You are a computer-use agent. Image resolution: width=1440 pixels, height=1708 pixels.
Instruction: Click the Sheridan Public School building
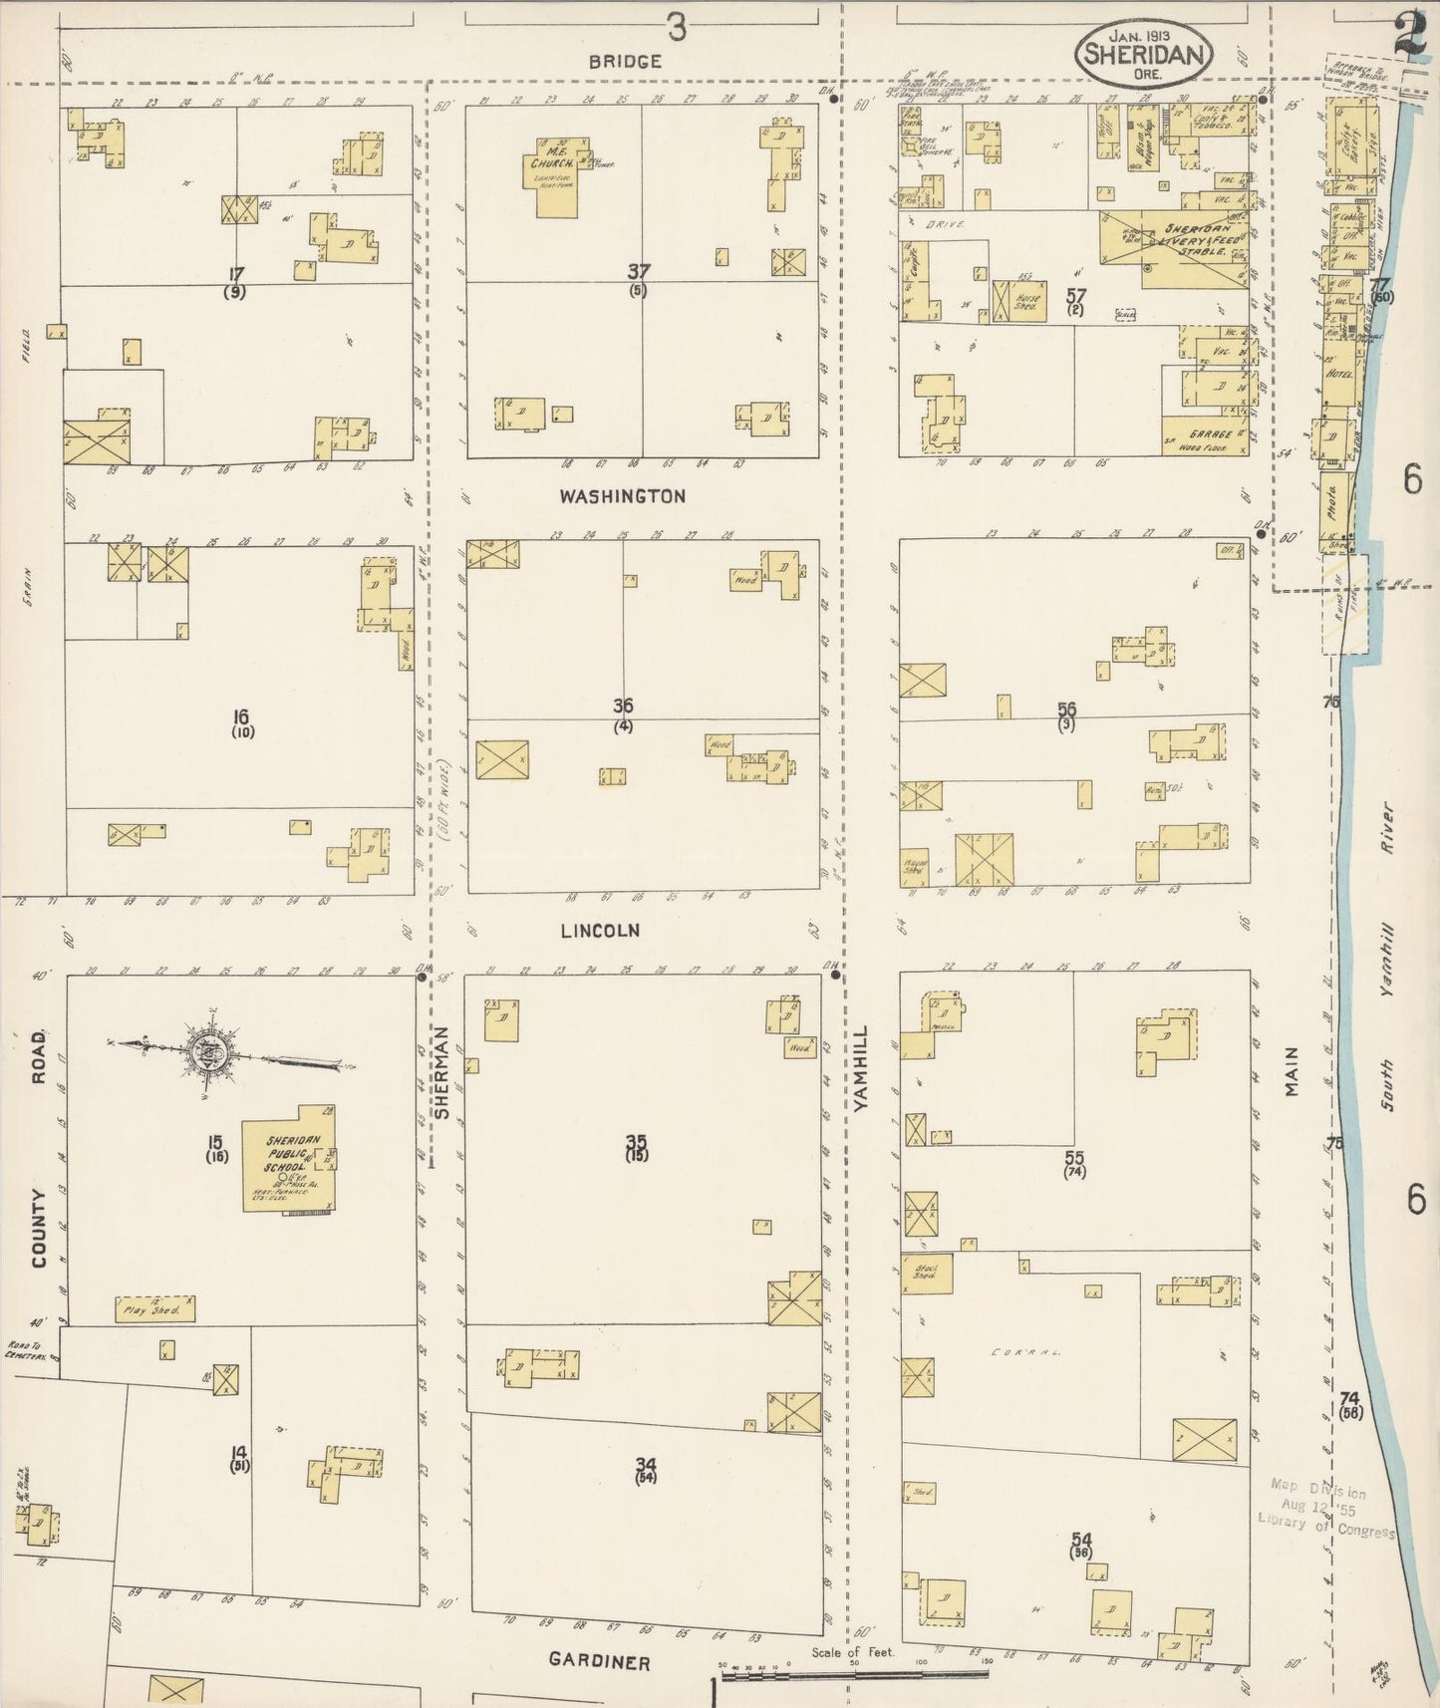[x=288, y=1161]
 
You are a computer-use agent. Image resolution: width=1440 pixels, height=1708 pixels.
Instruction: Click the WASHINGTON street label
[x=623, y=496]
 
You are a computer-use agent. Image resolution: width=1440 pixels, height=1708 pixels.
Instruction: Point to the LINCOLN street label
[x=600, y=931]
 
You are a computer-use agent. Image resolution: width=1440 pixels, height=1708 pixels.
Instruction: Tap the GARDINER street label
[x=600, y=1662]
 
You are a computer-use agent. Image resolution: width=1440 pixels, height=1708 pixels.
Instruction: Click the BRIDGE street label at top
[x=625, y=62]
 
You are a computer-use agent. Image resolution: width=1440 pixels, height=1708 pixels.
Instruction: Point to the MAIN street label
[x=1293, y=1071]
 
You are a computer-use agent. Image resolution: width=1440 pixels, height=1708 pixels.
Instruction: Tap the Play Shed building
[x=154, y=1309]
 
